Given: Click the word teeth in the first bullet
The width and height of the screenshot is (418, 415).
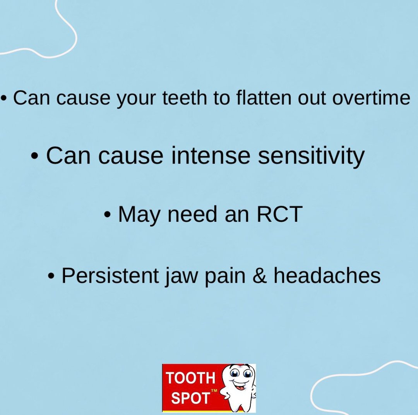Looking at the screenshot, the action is (185, 98).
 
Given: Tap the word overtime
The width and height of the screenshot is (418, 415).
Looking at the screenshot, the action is (371, 98).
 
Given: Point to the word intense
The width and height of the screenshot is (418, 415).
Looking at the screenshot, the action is (211, 156).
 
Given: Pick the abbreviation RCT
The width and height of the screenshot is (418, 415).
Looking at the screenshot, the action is (279, 214).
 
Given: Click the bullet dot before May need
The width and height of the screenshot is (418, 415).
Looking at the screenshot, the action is (107, 214).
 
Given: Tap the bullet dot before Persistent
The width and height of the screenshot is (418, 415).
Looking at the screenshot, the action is (51, 276).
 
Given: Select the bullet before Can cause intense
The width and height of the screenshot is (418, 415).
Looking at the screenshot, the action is (34, 156).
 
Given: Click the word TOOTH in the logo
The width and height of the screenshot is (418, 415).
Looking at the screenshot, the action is (190, 378).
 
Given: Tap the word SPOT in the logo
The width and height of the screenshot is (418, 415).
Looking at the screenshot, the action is (190, 398).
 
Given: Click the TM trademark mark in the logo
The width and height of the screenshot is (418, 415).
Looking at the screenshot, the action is (214, 391).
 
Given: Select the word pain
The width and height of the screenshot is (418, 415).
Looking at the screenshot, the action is (225, 276).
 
